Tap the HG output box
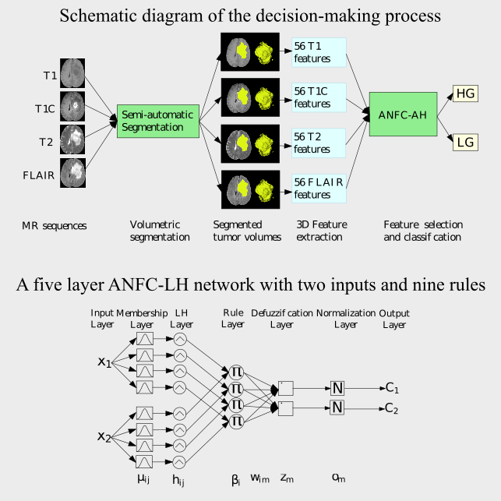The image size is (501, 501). click(x=465, y=93)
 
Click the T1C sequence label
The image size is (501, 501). click(x=45, y=109)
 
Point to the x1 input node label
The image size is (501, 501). click(x=104, y=362)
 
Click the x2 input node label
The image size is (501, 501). click(x=104, y=436)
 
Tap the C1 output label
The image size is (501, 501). click(x=392, y=387)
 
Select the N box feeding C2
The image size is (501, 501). click(x=337, y=407)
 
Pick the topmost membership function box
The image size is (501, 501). click(x=145, y=338)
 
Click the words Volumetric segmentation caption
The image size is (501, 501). click(x=159, y=231)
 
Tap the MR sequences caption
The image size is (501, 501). click(x=54, y=226)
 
